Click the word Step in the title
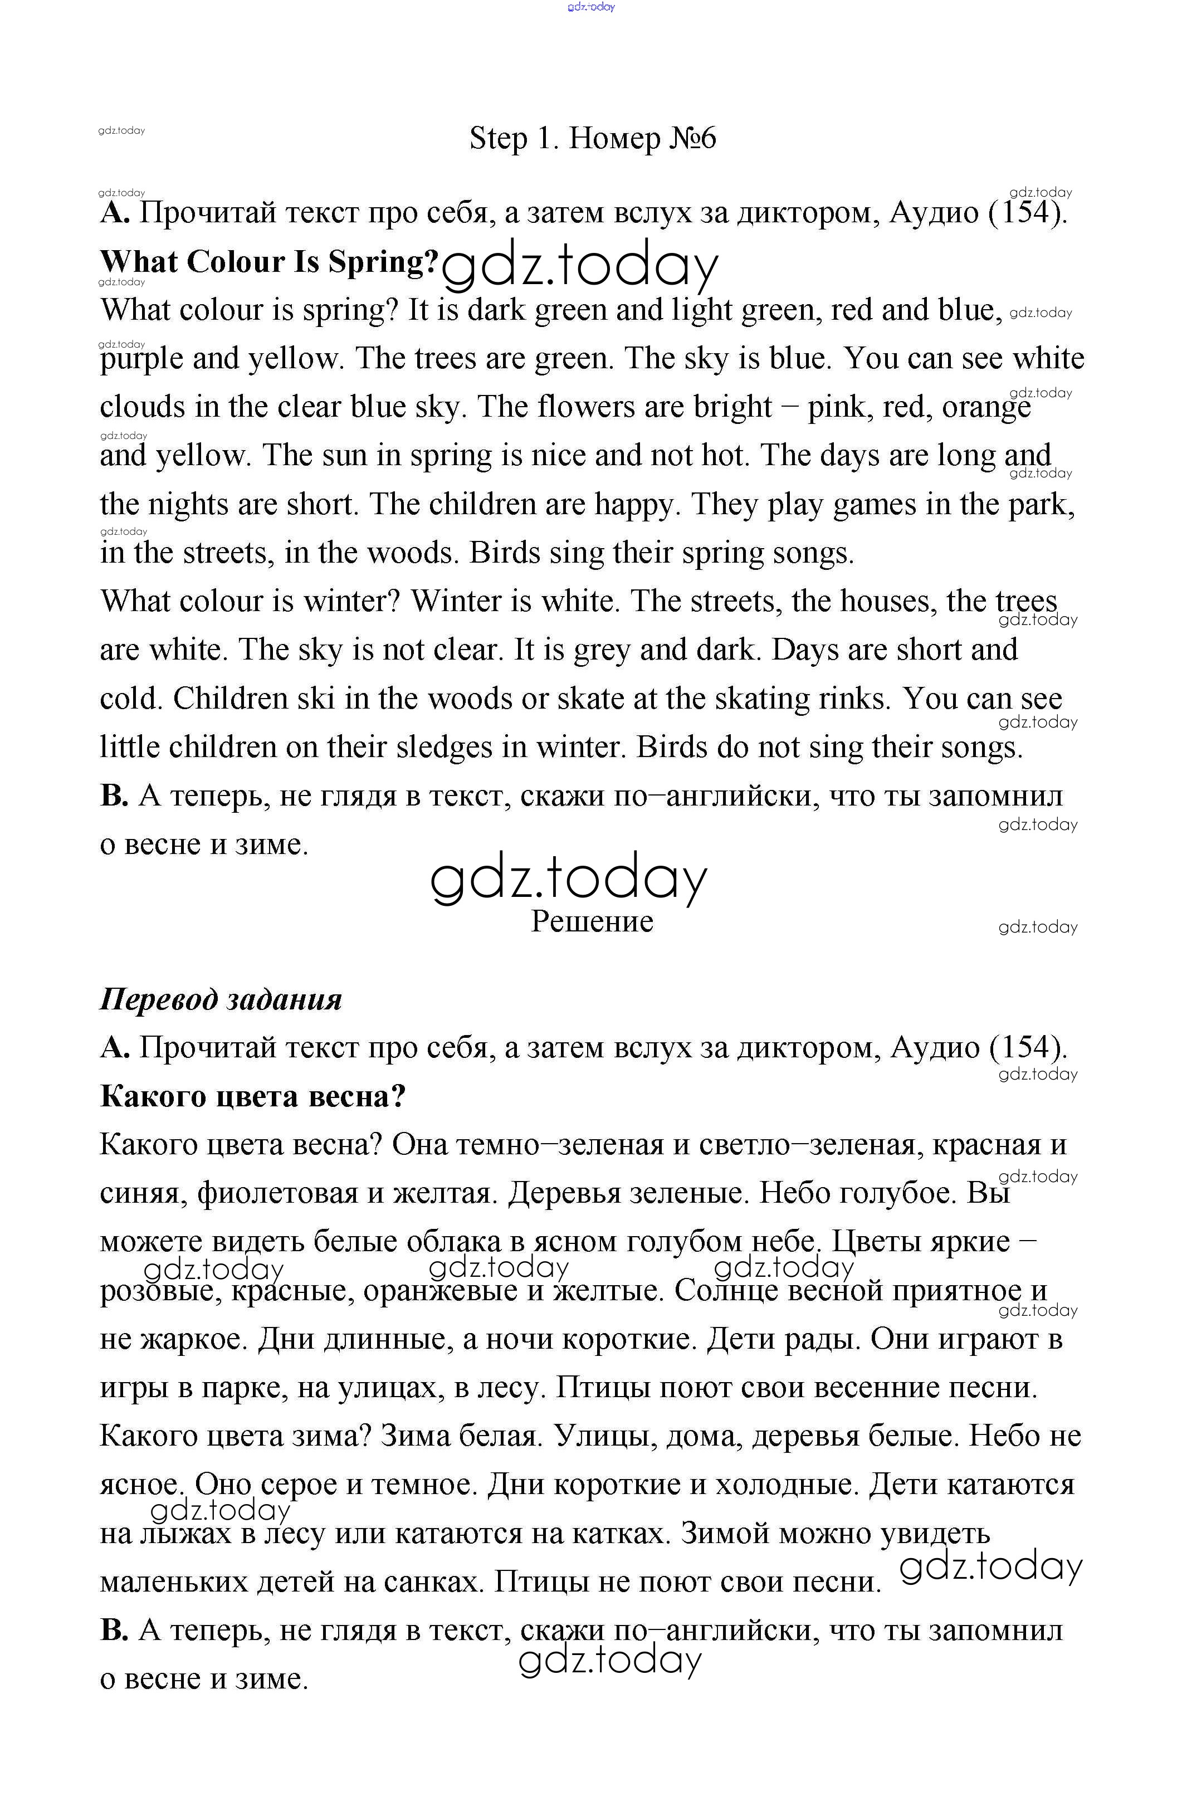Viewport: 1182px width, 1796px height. pyautogui.click(x=497, y=139)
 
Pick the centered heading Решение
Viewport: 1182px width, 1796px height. pyautogui.click(x=592, y=921)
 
